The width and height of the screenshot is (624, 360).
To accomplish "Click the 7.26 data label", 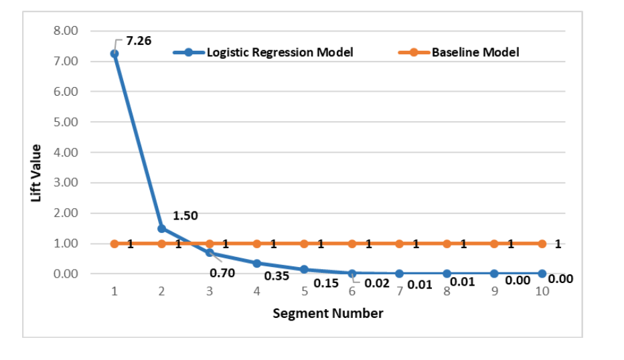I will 139,41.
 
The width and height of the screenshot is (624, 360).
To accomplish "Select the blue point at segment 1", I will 114,54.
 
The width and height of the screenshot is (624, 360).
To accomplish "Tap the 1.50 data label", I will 185,216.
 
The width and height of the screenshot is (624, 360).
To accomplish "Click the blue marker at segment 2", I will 162,228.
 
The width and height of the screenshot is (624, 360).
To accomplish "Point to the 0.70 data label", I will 222,273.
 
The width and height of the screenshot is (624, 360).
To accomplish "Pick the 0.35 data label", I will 277,276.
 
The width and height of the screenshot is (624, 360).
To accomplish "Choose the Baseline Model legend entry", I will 475,52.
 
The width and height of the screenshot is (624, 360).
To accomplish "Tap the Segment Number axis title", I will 328,313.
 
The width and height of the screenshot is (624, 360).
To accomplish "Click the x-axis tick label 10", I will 542,291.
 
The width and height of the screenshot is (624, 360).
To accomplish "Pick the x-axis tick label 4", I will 256,291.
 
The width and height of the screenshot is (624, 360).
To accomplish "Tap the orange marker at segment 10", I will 542,244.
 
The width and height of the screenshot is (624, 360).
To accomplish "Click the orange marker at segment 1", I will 114,244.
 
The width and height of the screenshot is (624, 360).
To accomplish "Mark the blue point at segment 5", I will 304,269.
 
